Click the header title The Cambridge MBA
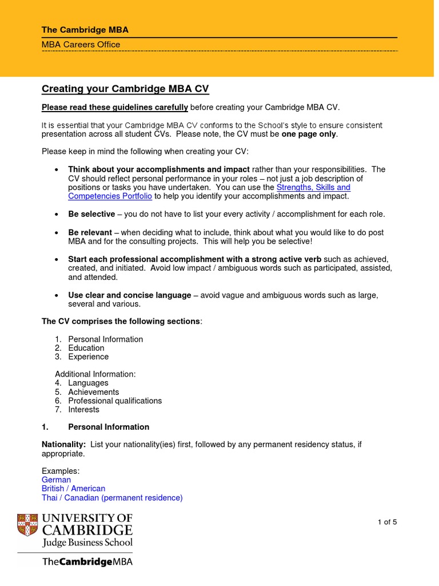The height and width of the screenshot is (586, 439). tap(89, 30)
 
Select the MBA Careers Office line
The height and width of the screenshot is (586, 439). tap(81, 45)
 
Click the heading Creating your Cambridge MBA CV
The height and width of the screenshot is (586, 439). tap(125, 89)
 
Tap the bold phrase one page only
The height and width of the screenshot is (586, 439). tap(309, 134)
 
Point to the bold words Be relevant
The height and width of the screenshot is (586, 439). tap(90, 232)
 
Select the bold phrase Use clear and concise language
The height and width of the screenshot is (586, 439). tap(129, 295)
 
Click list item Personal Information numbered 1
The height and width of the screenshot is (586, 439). tap(105, 339)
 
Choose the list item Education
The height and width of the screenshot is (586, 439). tap(86, 348)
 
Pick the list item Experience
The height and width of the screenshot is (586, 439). tap(88, 357)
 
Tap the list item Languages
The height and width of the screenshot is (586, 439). tap(88, 383)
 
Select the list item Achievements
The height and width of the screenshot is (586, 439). tap(93, 392)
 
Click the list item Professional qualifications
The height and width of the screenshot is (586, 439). tap(115, 401)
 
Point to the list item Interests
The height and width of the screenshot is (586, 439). tap(83, 409)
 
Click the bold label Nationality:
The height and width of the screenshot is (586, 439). tap(63, 445)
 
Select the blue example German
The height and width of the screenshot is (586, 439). tap(56, 480)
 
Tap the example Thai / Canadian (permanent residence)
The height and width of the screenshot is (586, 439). tap(112, 498)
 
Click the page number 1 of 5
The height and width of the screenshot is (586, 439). tap(387, 522)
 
